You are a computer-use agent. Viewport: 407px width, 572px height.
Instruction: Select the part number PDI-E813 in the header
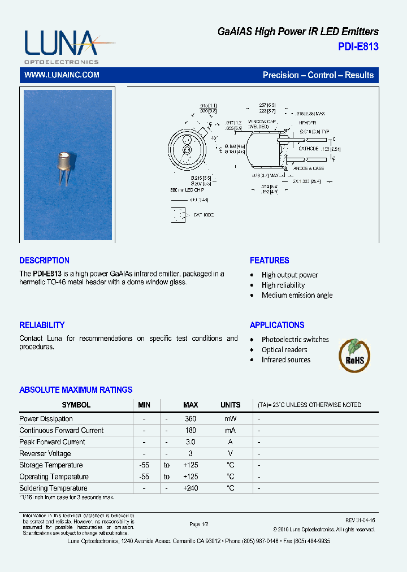(358, 47)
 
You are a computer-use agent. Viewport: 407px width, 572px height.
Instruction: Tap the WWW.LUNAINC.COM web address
(62, 75)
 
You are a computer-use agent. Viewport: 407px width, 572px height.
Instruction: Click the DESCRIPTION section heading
(44, 261)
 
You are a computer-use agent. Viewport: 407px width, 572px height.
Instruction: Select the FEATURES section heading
(269, 261)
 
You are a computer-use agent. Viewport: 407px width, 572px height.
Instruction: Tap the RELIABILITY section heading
(42, 325)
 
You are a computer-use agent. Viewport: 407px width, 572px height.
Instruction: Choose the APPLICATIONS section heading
(277, 325)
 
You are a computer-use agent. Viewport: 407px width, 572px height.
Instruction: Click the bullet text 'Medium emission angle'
(297, 296)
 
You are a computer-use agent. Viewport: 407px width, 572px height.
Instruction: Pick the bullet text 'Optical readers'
(284, 350)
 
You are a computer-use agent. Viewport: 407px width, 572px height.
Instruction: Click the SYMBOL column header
(76, 405)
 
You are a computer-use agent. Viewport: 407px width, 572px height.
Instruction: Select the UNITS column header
(230, 405)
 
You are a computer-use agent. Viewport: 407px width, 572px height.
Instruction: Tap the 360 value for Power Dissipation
(190, 419)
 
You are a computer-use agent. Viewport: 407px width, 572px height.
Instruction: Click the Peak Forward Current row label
(52, 442)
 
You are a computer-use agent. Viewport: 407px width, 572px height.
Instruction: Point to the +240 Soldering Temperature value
(190, 488)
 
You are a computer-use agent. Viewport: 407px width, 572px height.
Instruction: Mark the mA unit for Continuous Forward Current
(230, 431)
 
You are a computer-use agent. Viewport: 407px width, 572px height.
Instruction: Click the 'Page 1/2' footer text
(199, 525)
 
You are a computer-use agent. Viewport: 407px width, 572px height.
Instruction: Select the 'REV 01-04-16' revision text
(360, 520)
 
